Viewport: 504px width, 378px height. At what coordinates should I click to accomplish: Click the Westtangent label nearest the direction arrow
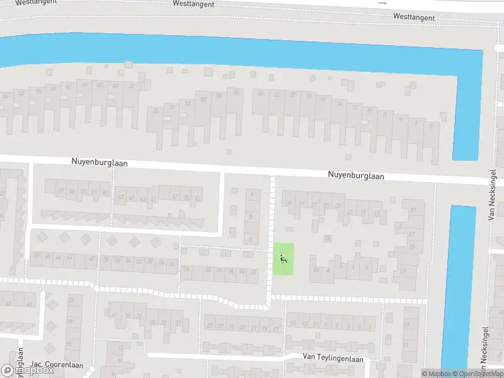pyautogui.click(x=414, y=17)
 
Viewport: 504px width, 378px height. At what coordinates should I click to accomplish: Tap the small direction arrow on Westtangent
pyautogui.click(x=382, y=3)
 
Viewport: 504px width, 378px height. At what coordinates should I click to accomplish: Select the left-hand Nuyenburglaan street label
pyautogui.click(x=99, y=163)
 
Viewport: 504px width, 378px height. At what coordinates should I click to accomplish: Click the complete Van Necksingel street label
pyautogui.click(x=491, y=195)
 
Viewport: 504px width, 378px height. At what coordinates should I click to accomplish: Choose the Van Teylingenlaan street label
pyautogui.click(x=333, y=358)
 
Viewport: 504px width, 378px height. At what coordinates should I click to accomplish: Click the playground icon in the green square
pyautogui.click(x=283, y=258)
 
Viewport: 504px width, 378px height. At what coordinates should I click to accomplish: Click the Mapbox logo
pyautogui.click(x=27, y=370)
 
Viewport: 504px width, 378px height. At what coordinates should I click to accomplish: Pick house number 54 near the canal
pyautogui.click(x=6, y=96)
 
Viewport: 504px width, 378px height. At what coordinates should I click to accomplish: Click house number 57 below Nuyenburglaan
pyautogui.click(x=61, y=191)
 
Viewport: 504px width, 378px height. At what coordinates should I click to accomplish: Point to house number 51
pyautogui.click(x=94, y=192)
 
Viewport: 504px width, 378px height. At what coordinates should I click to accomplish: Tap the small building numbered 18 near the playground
pyautogui.click(x=327, y=238)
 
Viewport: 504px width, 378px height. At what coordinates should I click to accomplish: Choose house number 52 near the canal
pyautogui.click(x=21, y=93)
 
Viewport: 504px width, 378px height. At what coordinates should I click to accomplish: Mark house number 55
pyautogui.click(x=72, y=191)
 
